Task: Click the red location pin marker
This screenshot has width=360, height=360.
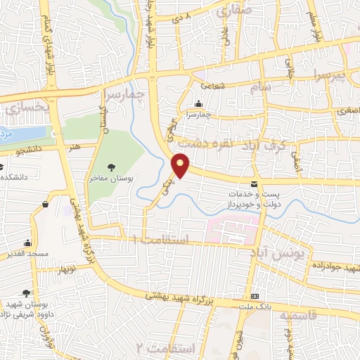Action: [x=181, y=165]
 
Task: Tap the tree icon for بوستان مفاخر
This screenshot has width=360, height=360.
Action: [x=111, y=167]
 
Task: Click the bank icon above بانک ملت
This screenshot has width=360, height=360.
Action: [x=255, y=296]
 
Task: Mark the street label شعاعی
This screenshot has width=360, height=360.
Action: [x=212, y=85]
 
